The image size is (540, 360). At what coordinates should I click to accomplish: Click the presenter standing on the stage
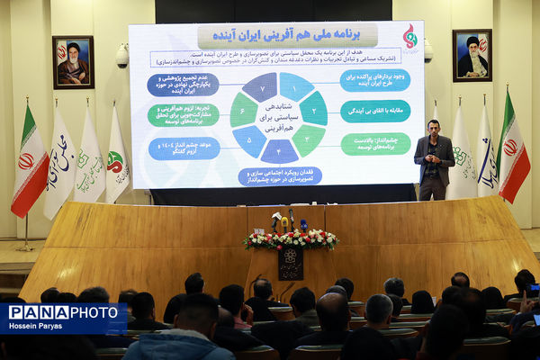(434, 157)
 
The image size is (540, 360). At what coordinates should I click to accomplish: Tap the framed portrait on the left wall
(73, 62)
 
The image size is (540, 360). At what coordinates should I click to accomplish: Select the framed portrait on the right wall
(472, 56)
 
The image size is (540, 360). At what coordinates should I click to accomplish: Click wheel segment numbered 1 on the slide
(295, 86)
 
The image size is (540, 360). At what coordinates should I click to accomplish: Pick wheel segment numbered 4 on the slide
(278, 149)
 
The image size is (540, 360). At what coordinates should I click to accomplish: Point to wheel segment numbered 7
(260, 87)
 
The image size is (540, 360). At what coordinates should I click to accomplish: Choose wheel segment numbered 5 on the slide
(249, 139)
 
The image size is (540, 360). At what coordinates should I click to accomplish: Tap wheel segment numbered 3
(307, 139)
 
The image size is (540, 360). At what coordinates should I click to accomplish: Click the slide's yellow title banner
(274, 36)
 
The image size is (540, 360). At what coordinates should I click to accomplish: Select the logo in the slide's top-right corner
(409, 37)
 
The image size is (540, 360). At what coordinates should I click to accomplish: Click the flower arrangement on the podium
(290, 239)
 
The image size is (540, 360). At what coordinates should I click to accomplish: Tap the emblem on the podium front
(290, 257)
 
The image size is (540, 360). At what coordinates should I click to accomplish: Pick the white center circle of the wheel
(278, 117)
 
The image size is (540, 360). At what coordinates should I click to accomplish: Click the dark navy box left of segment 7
(183, 85)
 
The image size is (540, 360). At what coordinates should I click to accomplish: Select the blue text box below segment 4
(280, 175)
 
